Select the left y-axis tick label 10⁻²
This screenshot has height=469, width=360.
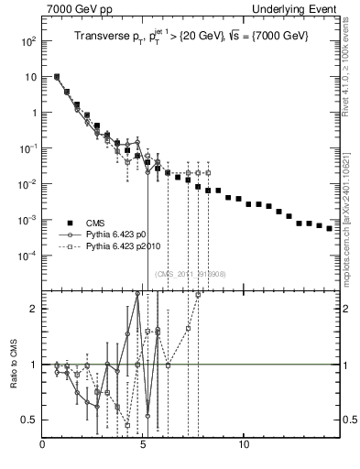pyautogui.click(x=27, y=184)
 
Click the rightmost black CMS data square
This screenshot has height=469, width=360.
pyautogui.click(x=330, y=228)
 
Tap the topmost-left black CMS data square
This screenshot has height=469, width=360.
pyautogui.click(x=57, y=77)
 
